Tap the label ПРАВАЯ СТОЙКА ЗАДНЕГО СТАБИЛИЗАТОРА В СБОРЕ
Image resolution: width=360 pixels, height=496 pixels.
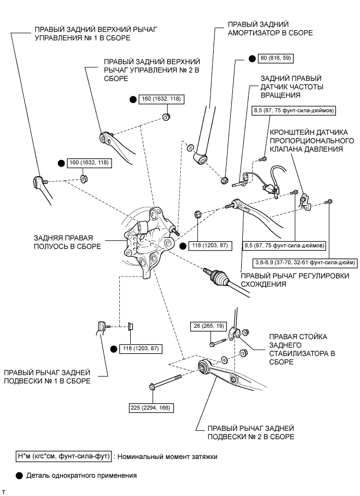[301, 349]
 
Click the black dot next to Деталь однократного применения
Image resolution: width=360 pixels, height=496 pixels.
[19, 475]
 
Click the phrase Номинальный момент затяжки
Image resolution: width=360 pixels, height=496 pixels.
[165, 456]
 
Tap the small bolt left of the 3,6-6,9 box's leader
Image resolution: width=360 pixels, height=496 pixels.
[295, 193]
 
